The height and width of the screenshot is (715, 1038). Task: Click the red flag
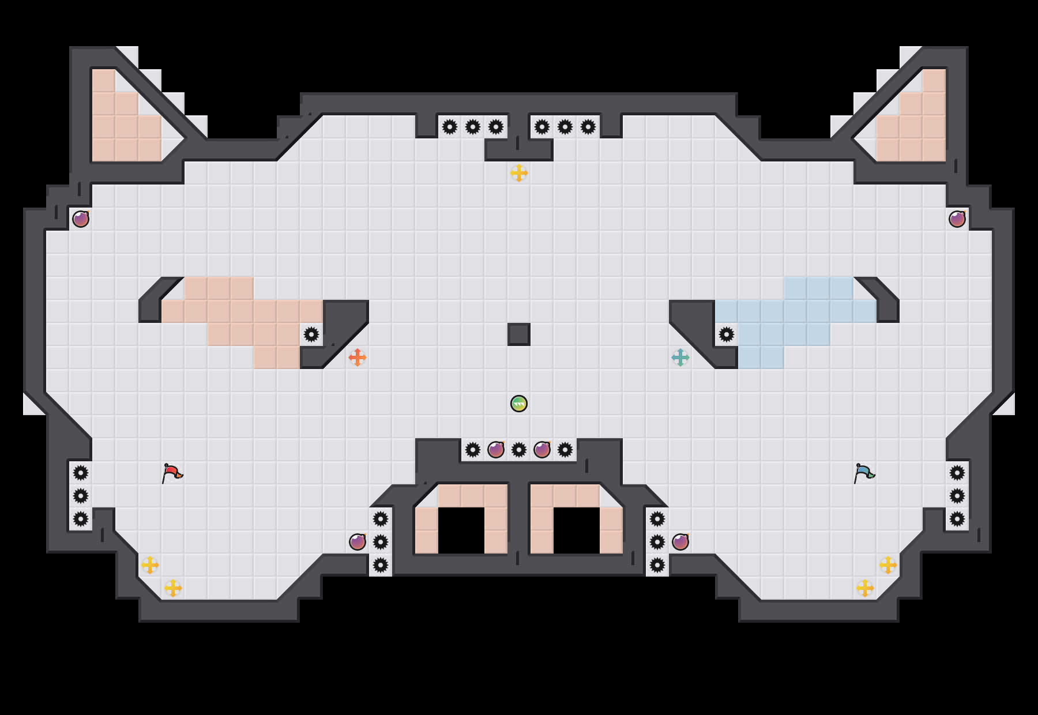(172, 473)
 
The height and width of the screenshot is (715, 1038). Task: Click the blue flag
(864, 473)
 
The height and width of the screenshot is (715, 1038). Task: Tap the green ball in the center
(519, 404)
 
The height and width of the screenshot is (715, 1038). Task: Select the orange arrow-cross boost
(358, 357)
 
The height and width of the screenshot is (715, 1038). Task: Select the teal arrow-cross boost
(680, 357)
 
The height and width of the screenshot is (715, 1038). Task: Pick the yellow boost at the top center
(519, 173)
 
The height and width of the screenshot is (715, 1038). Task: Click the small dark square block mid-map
(519, 334)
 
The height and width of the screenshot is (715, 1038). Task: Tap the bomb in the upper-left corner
(81, 219)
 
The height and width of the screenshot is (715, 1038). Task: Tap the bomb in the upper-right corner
(957, 219)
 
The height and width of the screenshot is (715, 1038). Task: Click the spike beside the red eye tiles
(311, 334)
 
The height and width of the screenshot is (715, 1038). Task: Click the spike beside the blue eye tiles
(727, 334)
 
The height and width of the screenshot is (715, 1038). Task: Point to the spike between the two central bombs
(519, 450)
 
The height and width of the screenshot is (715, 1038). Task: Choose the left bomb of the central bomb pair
(496, 450)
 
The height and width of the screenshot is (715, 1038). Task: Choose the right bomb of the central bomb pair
(542, 450)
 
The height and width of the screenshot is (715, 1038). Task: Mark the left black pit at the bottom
(461, 530)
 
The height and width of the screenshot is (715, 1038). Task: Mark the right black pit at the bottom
(577, 530)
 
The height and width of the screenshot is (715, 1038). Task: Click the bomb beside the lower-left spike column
(358, 542)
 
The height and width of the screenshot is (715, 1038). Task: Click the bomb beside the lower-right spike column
(680, 542)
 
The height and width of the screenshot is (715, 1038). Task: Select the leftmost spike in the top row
(450, 127)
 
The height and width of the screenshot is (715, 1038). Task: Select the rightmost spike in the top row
(588, 127)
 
